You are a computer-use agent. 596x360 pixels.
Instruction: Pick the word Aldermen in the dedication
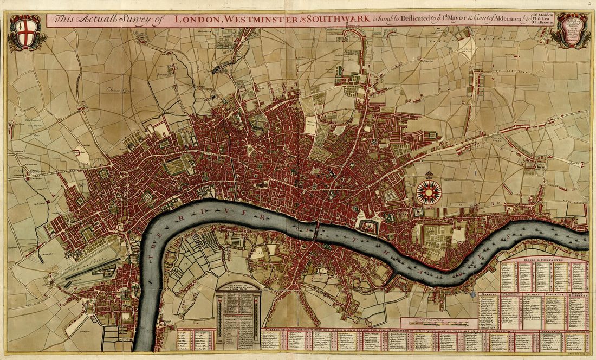pos(503,20)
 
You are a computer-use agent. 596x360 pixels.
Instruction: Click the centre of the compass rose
pos(429,192)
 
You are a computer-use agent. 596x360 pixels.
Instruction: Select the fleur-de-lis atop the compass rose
pos(429,175)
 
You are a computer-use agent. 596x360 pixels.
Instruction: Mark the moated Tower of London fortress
pos(369,226)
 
